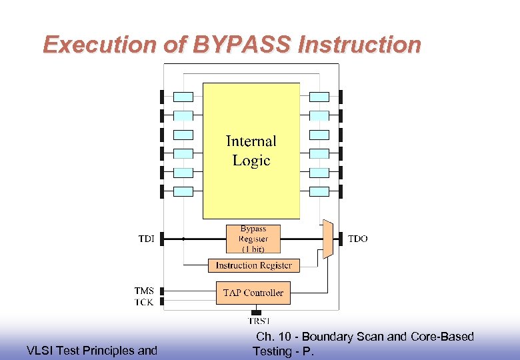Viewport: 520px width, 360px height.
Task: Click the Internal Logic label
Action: click(x=251, y=151)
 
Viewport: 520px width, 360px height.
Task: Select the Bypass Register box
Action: click(x=253, y=239)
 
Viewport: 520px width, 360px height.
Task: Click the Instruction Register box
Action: click(x=253, y=265)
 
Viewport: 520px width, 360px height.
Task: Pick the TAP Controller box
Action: click(x=253, y=293)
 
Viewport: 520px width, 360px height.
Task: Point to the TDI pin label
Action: click(x=146, y=239)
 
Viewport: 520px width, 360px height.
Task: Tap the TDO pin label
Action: click(x=358, y=239)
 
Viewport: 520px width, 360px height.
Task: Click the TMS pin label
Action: click(x=144, y=291)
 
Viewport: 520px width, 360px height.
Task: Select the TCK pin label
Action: click(x=144, y=302)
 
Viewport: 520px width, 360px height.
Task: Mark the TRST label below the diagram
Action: click(x=258, y=321)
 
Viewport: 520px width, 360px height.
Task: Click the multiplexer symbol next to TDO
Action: click(x=327, y=239)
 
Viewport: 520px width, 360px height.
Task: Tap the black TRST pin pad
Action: click(x=256, y=312)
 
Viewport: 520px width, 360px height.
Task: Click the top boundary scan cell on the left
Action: click(x=183, y=97)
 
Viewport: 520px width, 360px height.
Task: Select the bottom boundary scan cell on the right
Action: click(x=320, y=191)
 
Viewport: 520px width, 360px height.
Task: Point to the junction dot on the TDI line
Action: click(x=183, y=239)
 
